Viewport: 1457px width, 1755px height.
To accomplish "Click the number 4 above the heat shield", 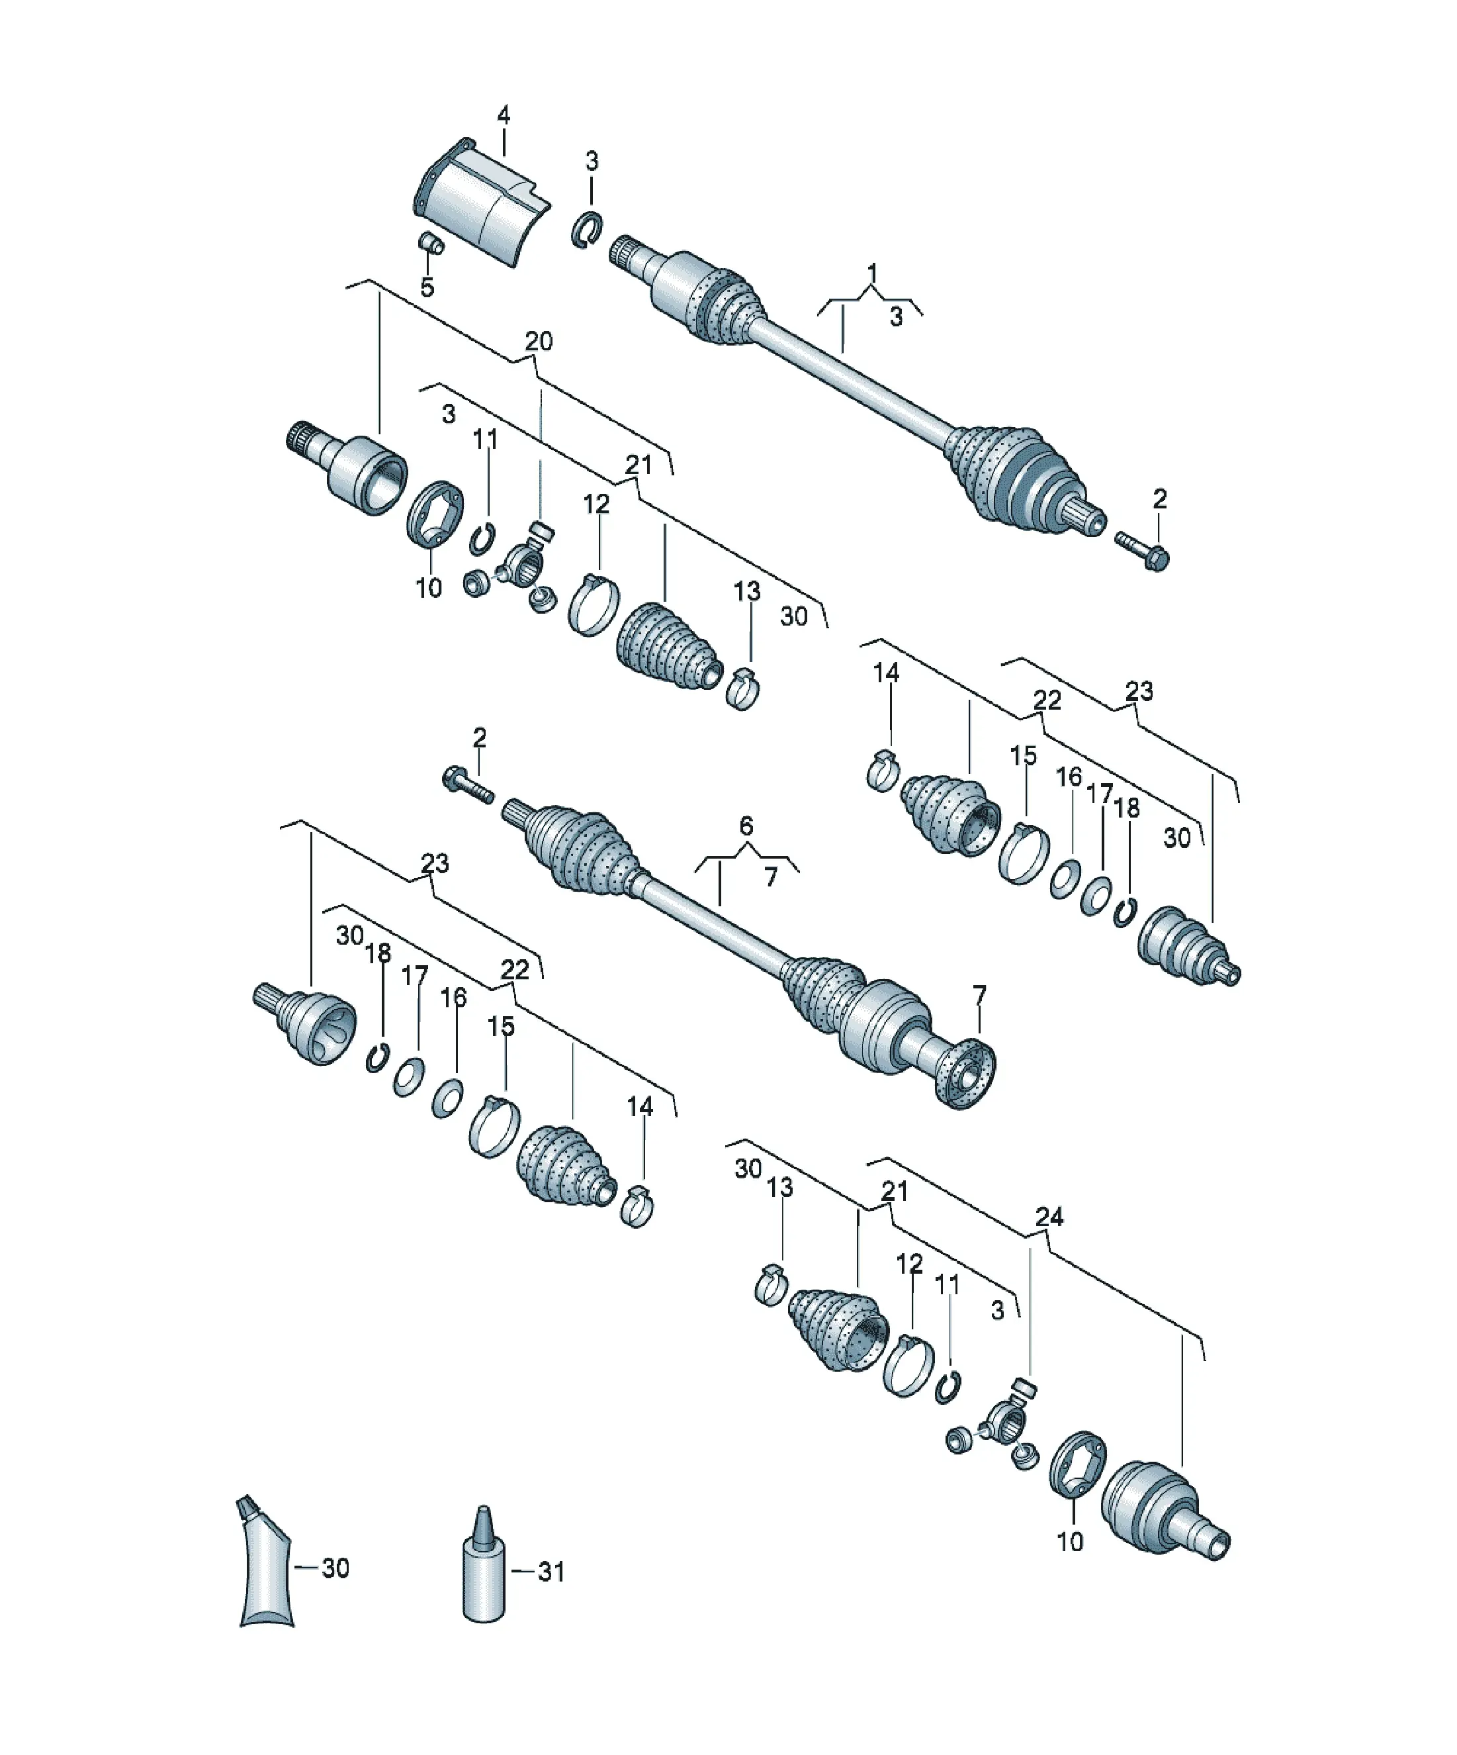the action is point(503,115).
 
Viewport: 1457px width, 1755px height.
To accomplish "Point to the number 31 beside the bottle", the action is point(551,1572).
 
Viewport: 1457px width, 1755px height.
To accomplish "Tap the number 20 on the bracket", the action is point(539,341).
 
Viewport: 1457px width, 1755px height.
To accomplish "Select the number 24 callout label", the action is point(1049,1217).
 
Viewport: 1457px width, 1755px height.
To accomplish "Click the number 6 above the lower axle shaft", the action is point(746,826).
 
